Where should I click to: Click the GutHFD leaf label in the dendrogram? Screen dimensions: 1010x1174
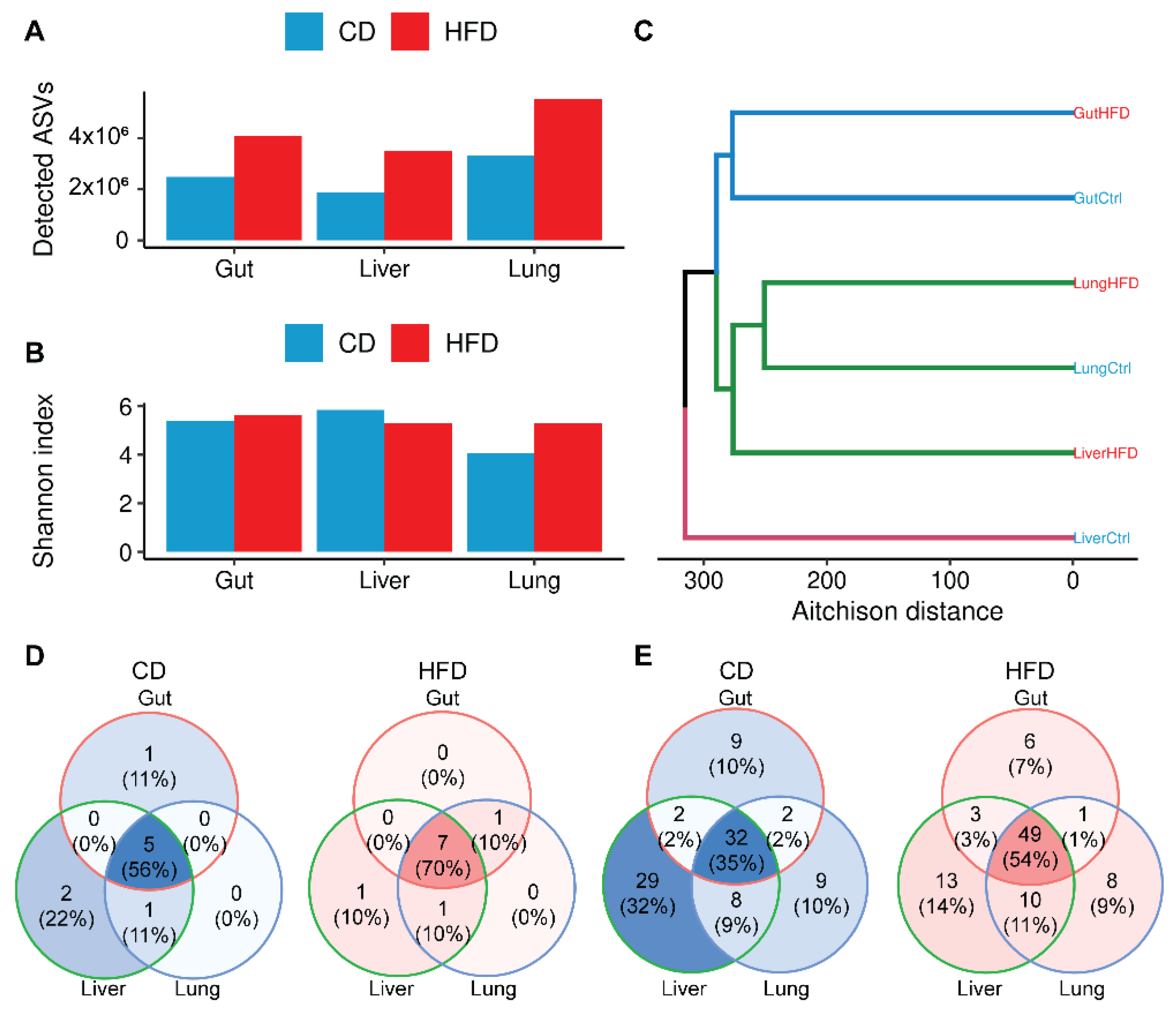pos(1101,113)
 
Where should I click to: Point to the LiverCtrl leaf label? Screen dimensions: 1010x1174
pos(1101,538)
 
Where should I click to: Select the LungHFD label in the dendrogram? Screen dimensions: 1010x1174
pos(1105,283)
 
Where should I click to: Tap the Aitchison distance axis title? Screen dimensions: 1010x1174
pos(897,612)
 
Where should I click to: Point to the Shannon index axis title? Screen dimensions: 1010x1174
pos(43,481)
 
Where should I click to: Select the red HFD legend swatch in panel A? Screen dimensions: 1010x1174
pos(410,32)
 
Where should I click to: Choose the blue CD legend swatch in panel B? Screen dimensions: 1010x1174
pos(304,343)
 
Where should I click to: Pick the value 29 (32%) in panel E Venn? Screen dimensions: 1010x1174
pos(647,893)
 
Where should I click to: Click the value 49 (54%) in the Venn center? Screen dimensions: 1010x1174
pos(1030,847)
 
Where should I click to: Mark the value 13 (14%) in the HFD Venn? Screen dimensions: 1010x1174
pos(946,893)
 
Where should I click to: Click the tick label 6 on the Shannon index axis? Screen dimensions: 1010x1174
pos(125,407)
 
